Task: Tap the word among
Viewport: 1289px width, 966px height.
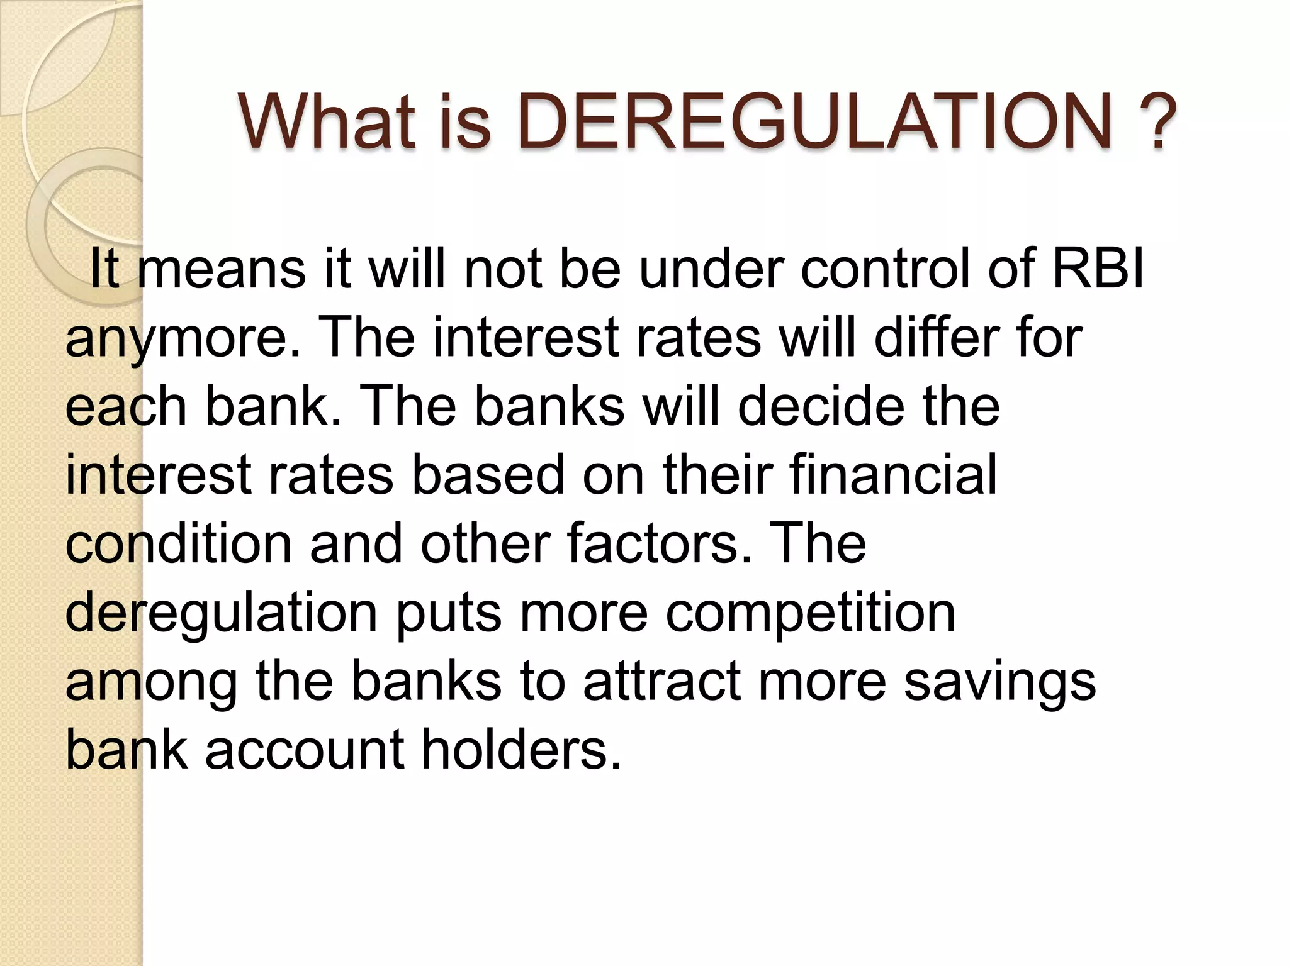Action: (x=151, y=683)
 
